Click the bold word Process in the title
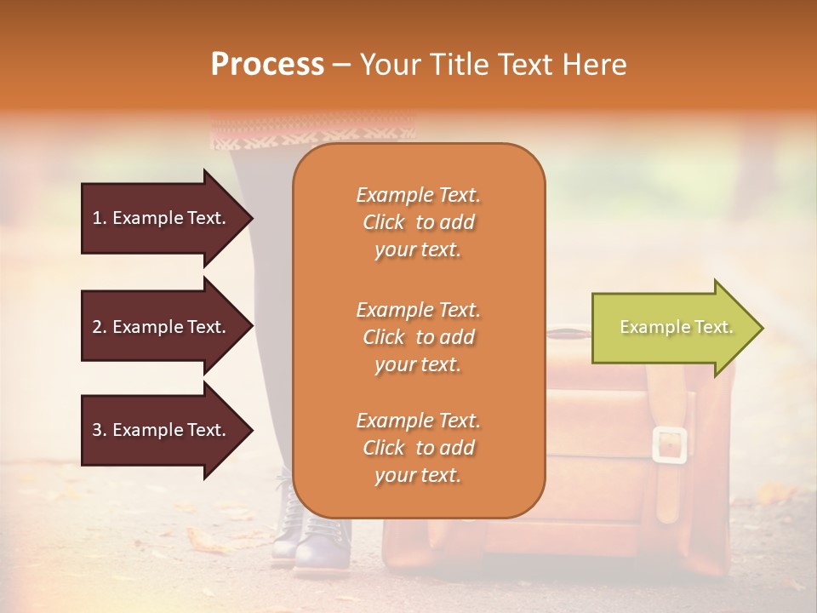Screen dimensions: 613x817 [x=267, y=65]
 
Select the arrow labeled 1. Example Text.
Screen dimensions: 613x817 [x=166, y=218]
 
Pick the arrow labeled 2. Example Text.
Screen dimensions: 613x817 [x=166, y=327]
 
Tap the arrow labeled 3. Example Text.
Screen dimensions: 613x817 [x=166, y=431]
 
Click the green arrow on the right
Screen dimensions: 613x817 [x=677, y=328]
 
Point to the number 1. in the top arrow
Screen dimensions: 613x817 [x=100, y=218]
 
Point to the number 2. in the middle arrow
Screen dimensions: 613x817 [x=100, y=327]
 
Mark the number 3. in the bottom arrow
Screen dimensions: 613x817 [x=100, y=431]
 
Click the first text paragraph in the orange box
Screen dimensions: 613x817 [x=418, y=222]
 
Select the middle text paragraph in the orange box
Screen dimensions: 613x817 [x=418, y=337]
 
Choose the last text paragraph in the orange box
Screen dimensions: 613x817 [x=418, y=448]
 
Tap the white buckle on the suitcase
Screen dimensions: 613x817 [x=670, y=445]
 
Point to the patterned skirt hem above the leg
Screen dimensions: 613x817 [x=312, y=131]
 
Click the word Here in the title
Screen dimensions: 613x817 [x=597, y=65]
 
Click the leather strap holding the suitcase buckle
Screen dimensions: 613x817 [x=669, y=494]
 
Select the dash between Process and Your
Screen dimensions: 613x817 [x=341, y=66]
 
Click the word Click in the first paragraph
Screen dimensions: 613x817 [x=384, y=222]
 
